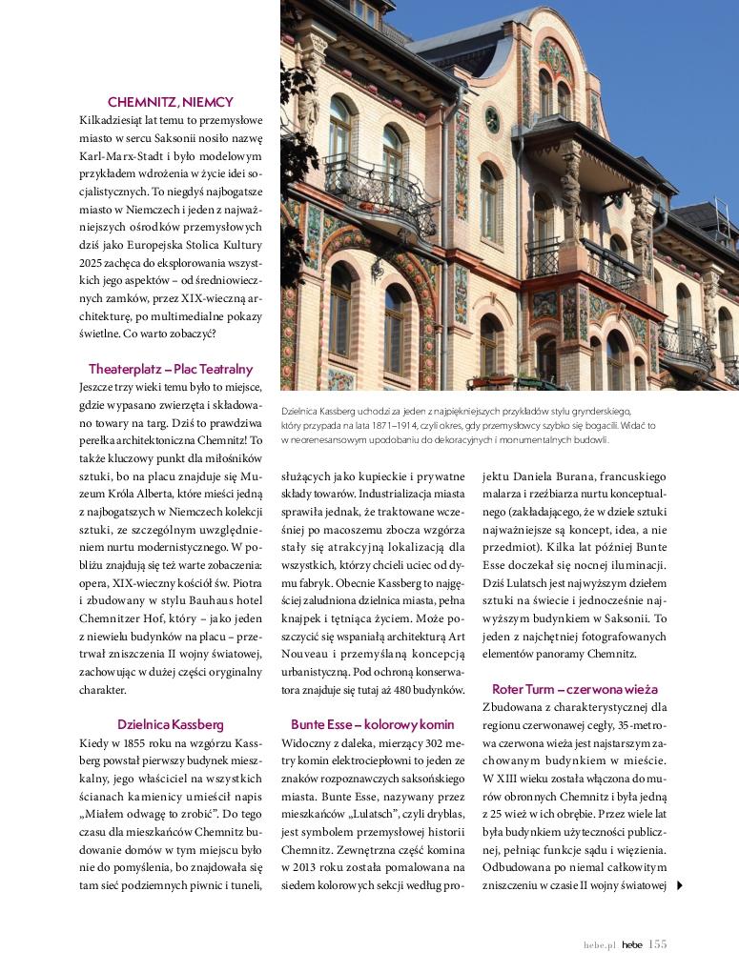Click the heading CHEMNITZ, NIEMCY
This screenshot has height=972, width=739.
pos(171,102)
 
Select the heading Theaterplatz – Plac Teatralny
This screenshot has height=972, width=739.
pos(171,369)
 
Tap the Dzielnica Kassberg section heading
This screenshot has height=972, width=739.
pos(171,723)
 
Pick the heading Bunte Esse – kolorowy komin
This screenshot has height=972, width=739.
pos(373,723)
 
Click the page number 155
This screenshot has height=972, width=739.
pos(657,944)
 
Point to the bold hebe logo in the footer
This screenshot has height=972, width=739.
pos(631,945)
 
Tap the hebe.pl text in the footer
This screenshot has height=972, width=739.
pos(601,945)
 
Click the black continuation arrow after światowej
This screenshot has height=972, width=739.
pos(679,885)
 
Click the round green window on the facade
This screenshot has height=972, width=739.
pos(492,119)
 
